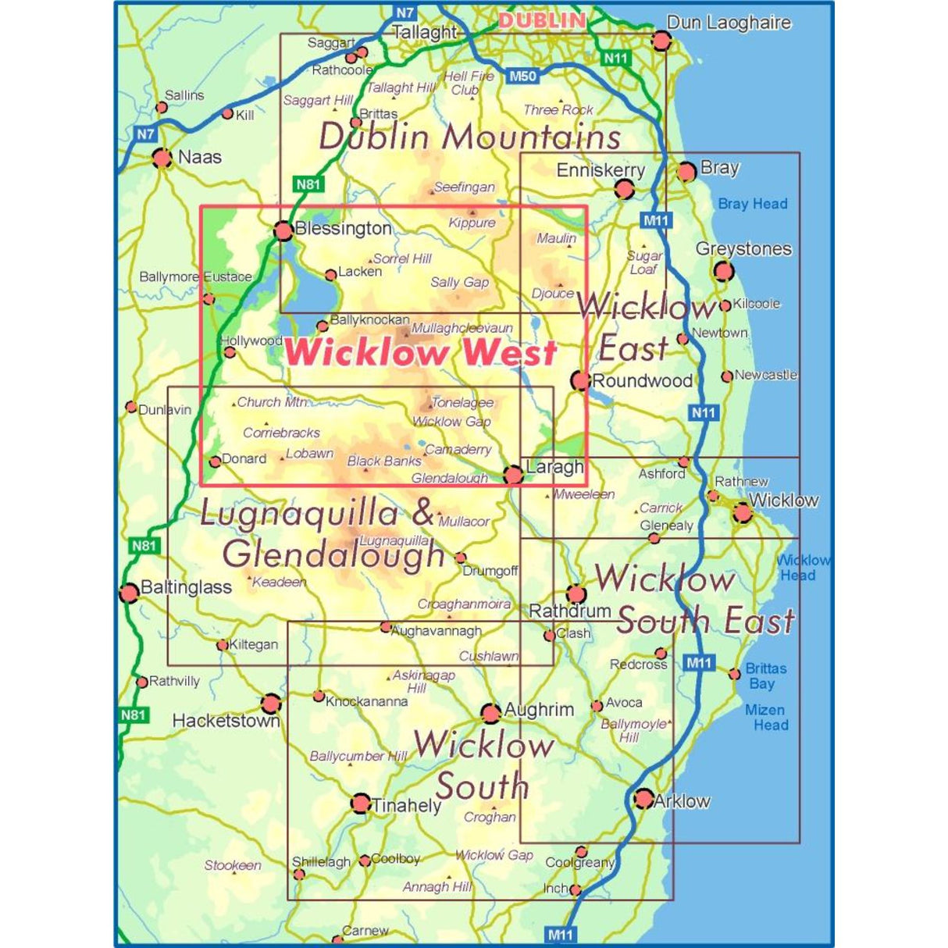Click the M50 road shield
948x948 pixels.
click(522, 77)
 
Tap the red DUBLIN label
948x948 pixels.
click(542, 21)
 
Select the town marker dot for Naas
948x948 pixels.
click(162, 158)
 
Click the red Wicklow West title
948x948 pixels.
click(420, 353)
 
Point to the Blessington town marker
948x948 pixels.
click(283, 230)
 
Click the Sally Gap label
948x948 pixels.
click(459, 283)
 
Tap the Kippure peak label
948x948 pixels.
click(472, 223)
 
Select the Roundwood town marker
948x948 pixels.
click(580, 380)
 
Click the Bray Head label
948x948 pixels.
click(752, 204)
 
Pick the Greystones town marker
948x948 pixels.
click(723, 271)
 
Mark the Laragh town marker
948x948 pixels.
click(513, 474)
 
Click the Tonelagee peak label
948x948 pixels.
click(462, 403)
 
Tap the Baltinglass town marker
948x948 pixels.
click(130, 593)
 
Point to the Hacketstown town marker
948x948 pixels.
click(270, 704)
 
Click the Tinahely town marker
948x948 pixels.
click(360, 803)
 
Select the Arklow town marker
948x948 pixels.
click(643, 798)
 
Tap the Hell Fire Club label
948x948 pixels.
click(468, 83)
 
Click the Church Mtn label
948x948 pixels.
click(272, 402)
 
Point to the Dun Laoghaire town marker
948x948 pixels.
click(661, 41)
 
